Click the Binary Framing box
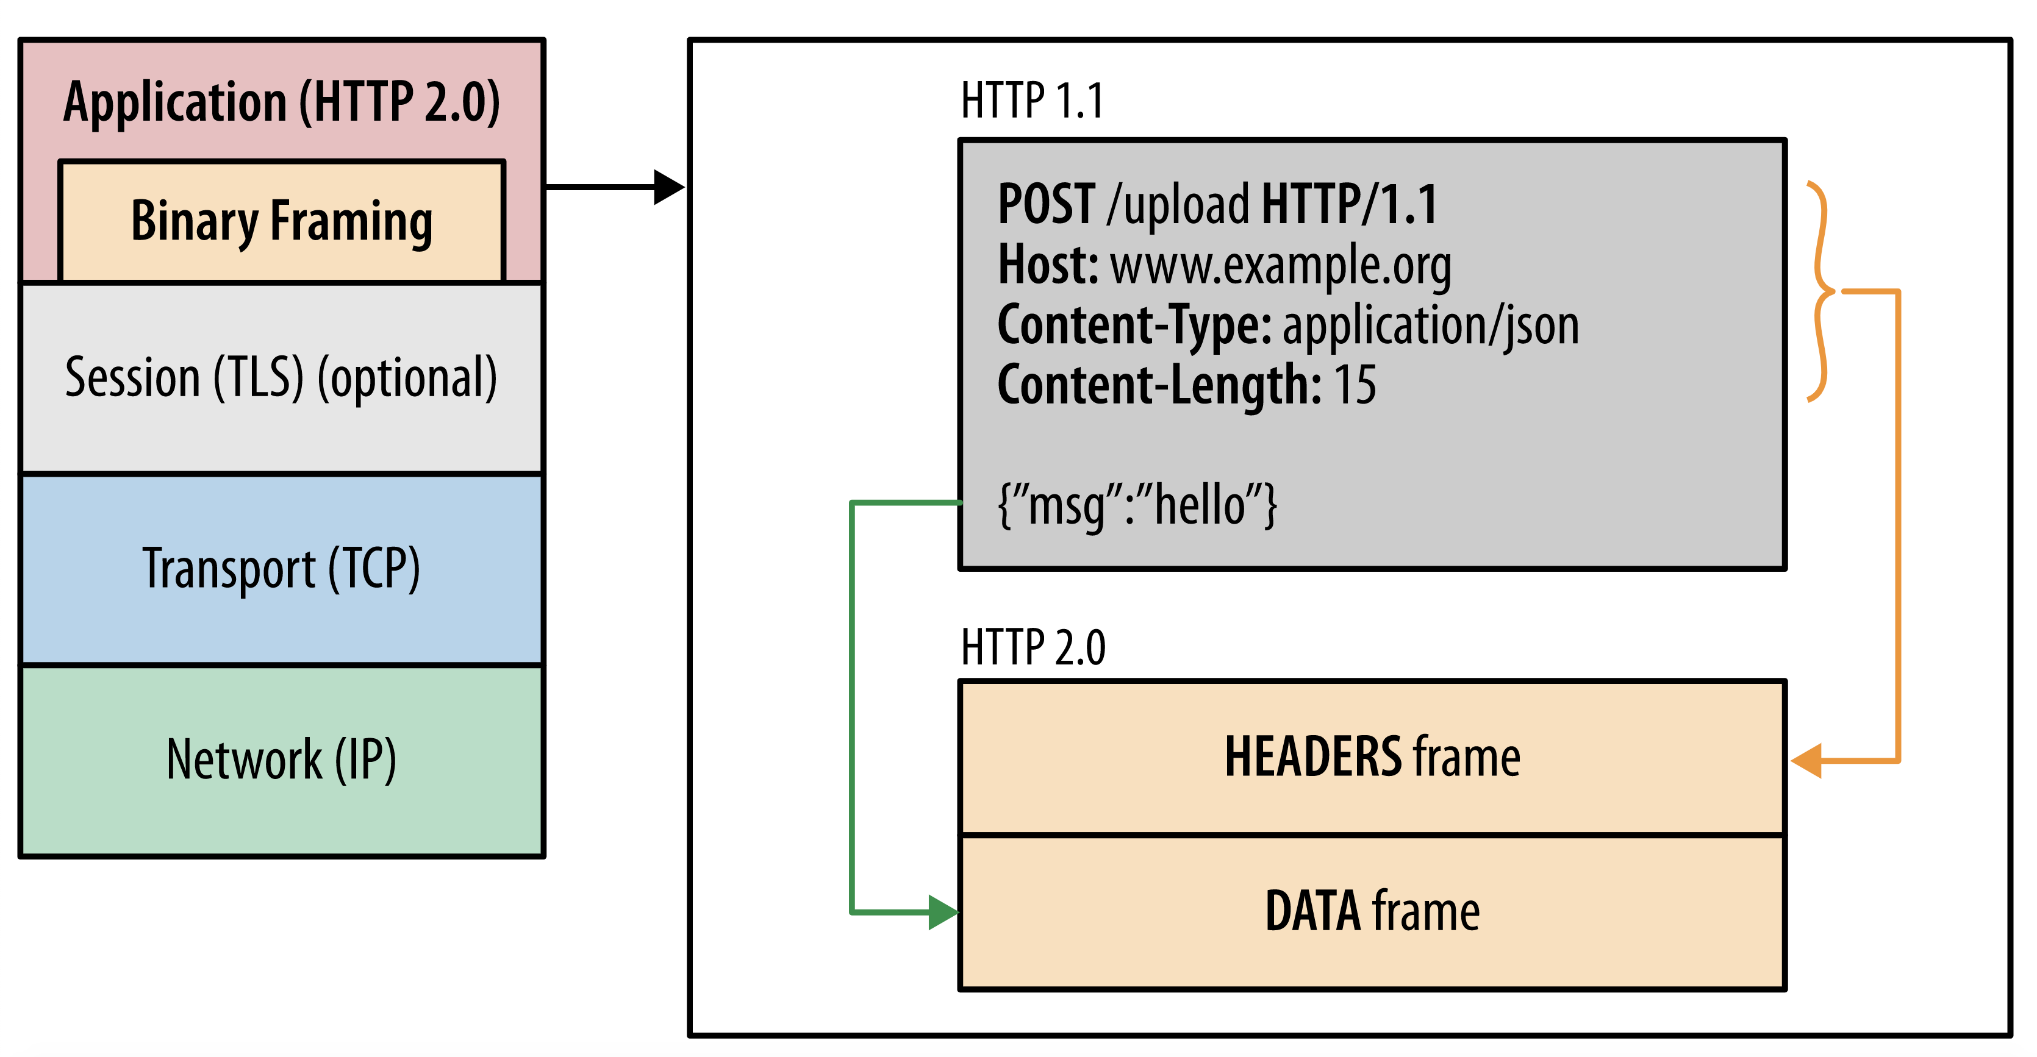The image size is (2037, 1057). [x=282, y=221]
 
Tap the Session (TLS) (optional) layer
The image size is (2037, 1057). [x=282, y=378]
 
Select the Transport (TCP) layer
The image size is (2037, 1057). [x=282, y=569]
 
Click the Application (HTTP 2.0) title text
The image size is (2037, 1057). [x=282, y=103]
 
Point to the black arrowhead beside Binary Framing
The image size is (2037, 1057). [x=669, y=187]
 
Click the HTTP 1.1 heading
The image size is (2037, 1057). [x=1032, y=101]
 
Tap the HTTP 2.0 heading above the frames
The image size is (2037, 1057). [x=1033, y=647]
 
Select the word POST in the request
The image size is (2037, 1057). [x=1046, y=204]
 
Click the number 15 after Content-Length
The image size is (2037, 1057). [x=1355, y=385]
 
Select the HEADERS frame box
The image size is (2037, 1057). [x=1372, y=757]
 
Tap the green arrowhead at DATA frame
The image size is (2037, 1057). [x=944, y=913]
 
